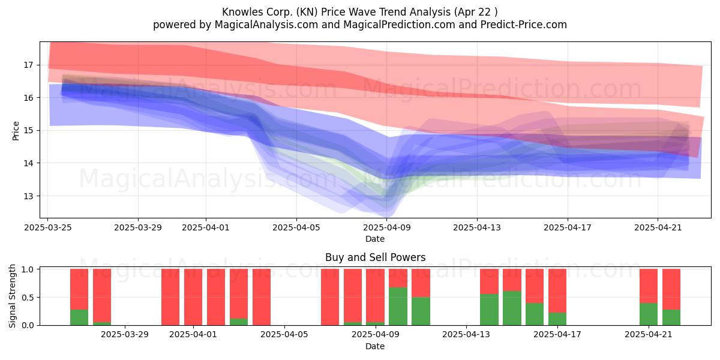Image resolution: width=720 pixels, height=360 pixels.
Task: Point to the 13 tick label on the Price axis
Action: tap(28, 196)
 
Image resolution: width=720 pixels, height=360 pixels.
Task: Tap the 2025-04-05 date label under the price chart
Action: tap(296, 227)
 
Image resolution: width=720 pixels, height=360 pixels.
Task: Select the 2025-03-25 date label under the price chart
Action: tap(48, 227)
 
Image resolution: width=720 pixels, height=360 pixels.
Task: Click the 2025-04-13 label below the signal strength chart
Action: tap(466, 335)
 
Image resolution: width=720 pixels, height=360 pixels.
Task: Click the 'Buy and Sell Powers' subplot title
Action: tap(375, 257)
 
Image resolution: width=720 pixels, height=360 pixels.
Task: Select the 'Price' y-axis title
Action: tap(16, 131)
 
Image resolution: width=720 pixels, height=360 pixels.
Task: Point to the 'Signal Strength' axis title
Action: tap(12, 296)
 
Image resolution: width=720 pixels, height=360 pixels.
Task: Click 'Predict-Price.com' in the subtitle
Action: tap(524, 25)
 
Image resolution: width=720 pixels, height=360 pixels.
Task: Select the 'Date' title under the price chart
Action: tap(375, 239)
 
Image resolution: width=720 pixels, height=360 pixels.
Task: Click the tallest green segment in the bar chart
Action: tap(398, 307)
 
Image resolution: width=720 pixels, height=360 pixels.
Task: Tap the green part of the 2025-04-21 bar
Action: tap(649, 314)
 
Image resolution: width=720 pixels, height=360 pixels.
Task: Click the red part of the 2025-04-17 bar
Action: tap(557, 291)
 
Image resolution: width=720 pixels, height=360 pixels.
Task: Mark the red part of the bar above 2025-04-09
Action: tap(375, 296)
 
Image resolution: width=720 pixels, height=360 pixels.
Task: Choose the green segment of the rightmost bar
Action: tap(671, 317)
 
